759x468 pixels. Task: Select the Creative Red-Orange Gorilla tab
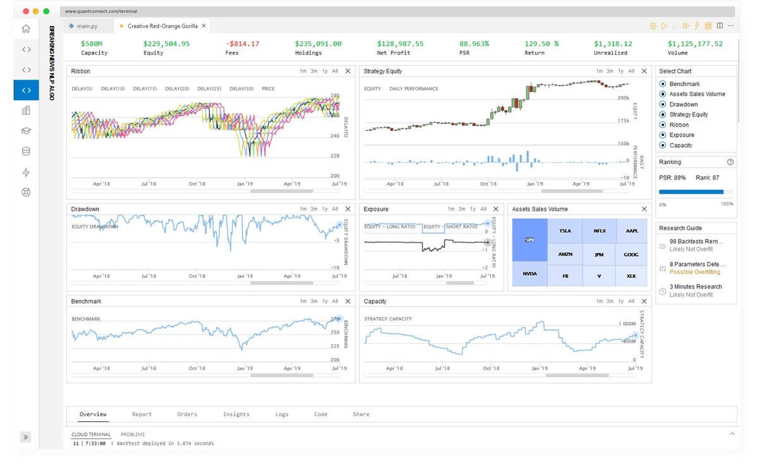coord(162,26)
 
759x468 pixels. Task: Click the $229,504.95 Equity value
coord(166,44)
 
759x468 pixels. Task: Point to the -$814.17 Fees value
coord(242,44)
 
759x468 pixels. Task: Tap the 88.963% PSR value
coord(474,44)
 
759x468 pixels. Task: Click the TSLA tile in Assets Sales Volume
coord(565,231)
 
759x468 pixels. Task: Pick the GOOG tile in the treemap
coord(631,254)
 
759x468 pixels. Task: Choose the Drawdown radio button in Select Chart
coord(663,104)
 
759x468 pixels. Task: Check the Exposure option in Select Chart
coord(663,135)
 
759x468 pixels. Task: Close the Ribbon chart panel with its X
coord(347,71)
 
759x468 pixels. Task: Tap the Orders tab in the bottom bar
coord(187,414)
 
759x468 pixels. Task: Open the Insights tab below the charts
coord(236,414)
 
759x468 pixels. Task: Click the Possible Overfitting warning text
coord(694,272)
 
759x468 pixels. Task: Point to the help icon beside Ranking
coord(731,162)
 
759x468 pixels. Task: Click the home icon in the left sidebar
coord(26,28)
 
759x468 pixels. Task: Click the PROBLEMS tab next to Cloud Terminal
coord(133,434)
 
